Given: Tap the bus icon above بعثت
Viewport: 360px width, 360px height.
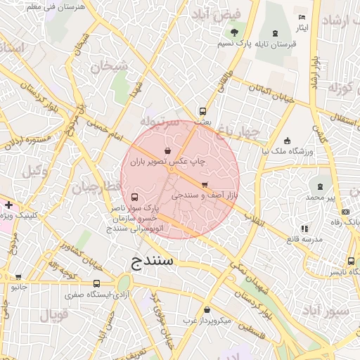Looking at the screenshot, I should coord(202,111).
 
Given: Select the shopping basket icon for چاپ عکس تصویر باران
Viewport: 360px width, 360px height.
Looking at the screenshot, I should coord(167,150).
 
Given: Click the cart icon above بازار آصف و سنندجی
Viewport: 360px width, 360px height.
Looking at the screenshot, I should coord(204,184).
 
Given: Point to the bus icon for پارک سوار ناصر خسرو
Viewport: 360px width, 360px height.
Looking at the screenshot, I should coord(134,198).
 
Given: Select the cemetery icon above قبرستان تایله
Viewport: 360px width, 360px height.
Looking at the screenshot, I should coord(274,33).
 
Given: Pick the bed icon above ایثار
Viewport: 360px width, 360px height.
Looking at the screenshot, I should coord(302,18).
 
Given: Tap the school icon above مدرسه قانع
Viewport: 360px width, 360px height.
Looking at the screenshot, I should coord(304,229).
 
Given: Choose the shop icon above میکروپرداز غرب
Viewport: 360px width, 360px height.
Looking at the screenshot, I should coord(207,310).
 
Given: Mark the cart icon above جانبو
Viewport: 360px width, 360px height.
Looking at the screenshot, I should coord(18,276).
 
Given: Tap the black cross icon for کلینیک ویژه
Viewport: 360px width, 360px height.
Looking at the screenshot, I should coord(8,205).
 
